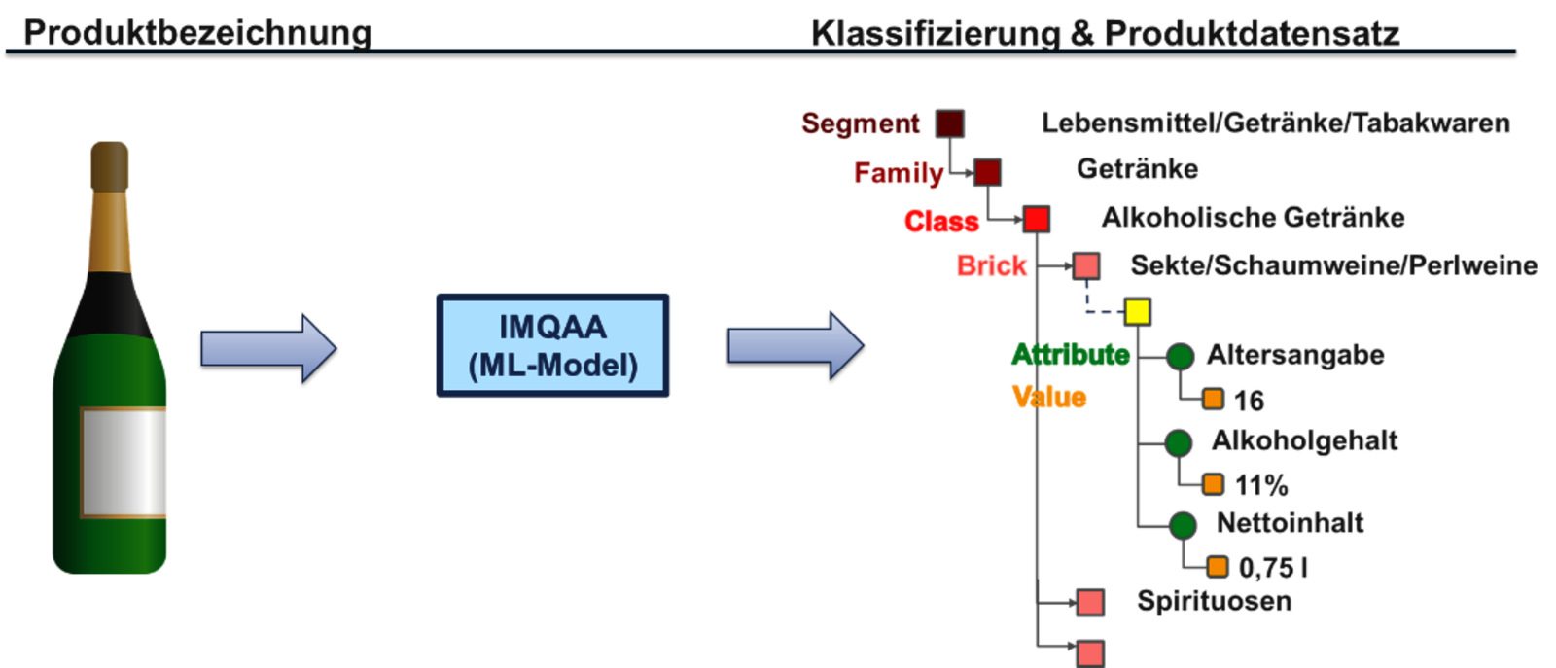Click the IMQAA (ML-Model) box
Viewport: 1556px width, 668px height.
click(552, 346)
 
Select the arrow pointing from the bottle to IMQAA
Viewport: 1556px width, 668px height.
click(267, 347)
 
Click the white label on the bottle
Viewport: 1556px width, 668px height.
click(124, 462)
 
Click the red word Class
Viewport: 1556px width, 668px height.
click(941, 222)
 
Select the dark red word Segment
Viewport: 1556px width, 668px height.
click(861, 123)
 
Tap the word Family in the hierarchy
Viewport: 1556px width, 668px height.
click(898, 173)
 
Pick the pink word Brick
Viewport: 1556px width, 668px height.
click(992, 265)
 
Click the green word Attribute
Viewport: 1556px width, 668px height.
click(1070, 354)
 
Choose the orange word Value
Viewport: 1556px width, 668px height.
click(1048, 397)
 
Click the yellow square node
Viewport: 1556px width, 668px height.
click(1137, 311)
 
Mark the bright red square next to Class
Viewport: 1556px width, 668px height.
click(1036, 219)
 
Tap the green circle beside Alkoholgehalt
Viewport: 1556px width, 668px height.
click(1179, 443)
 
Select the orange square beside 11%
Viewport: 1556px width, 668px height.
click(1213, 483)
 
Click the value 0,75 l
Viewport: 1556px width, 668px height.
click(1273, 567)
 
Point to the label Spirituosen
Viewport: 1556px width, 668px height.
click(1214, 602)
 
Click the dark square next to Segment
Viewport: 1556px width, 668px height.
click(949, 123)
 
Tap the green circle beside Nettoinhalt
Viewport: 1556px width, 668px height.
click(1182, 526)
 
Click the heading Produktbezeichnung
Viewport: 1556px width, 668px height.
click(197, 32)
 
